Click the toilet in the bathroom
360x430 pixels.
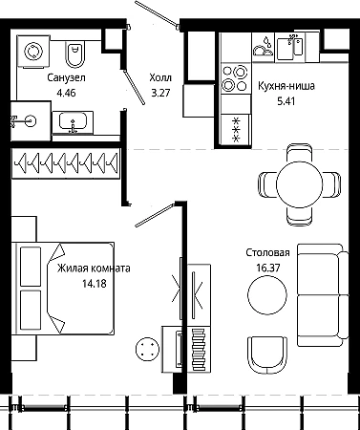[75, 54]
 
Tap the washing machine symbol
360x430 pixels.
[33, 52]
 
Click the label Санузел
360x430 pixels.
[66, 77]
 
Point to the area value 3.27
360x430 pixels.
[160, 93]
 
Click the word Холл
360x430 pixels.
[160, 77]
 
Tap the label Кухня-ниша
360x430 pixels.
[286, 86]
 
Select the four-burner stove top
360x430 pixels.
[236, 78]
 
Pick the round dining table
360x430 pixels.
[300, 184]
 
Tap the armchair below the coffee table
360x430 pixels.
[267, 355]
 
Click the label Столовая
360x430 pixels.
[267, 253]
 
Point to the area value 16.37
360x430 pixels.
[268, 268]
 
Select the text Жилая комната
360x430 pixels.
[94, 269]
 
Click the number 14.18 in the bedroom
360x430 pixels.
[95, 283]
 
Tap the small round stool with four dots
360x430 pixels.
[147, 350]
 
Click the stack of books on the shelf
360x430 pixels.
[199, 349]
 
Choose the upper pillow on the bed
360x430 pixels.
[31, 267]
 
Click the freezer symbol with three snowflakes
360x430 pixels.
[236, 130]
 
